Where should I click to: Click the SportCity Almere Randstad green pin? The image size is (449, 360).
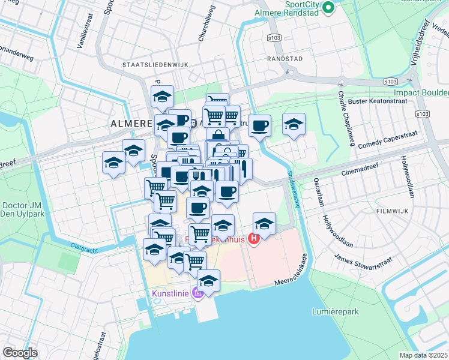click(328, 8)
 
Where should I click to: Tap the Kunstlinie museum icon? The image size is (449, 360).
click(196, 293)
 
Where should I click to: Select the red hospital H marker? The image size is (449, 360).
click(253, 239)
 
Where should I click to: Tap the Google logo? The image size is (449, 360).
click(20, 353)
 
